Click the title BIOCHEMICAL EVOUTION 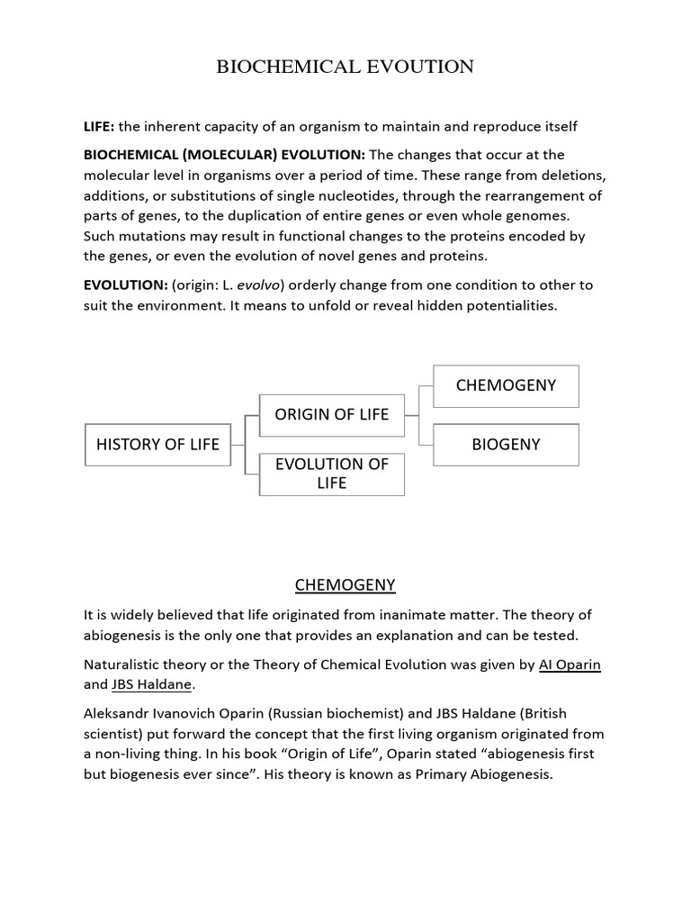click(345, 67)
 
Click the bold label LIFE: click(99, 126)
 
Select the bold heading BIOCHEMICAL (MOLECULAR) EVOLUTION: click(224, 155)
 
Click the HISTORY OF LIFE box click(157, 444)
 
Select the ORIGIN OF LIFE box click(331, 414)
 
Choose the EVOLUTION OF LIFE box click(331, 474)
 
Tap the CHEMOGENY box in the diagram click(506, 385)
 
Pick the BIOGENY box click(506, 444)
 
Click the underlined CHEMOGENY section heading click(345, 585)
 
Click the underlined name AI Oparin click(570, 664)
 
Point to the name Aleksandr click(120, 713)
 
